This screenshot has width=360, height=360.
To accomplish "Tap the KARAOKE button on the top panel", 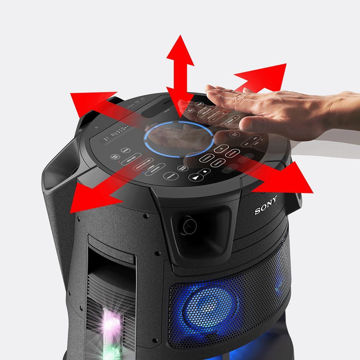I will (x=231, y=153).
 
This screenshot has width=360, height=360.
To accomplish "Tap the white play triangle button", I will (x=195, y=177).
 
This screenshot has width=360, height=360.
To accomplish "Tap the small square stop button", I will (x=204, y=172).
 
